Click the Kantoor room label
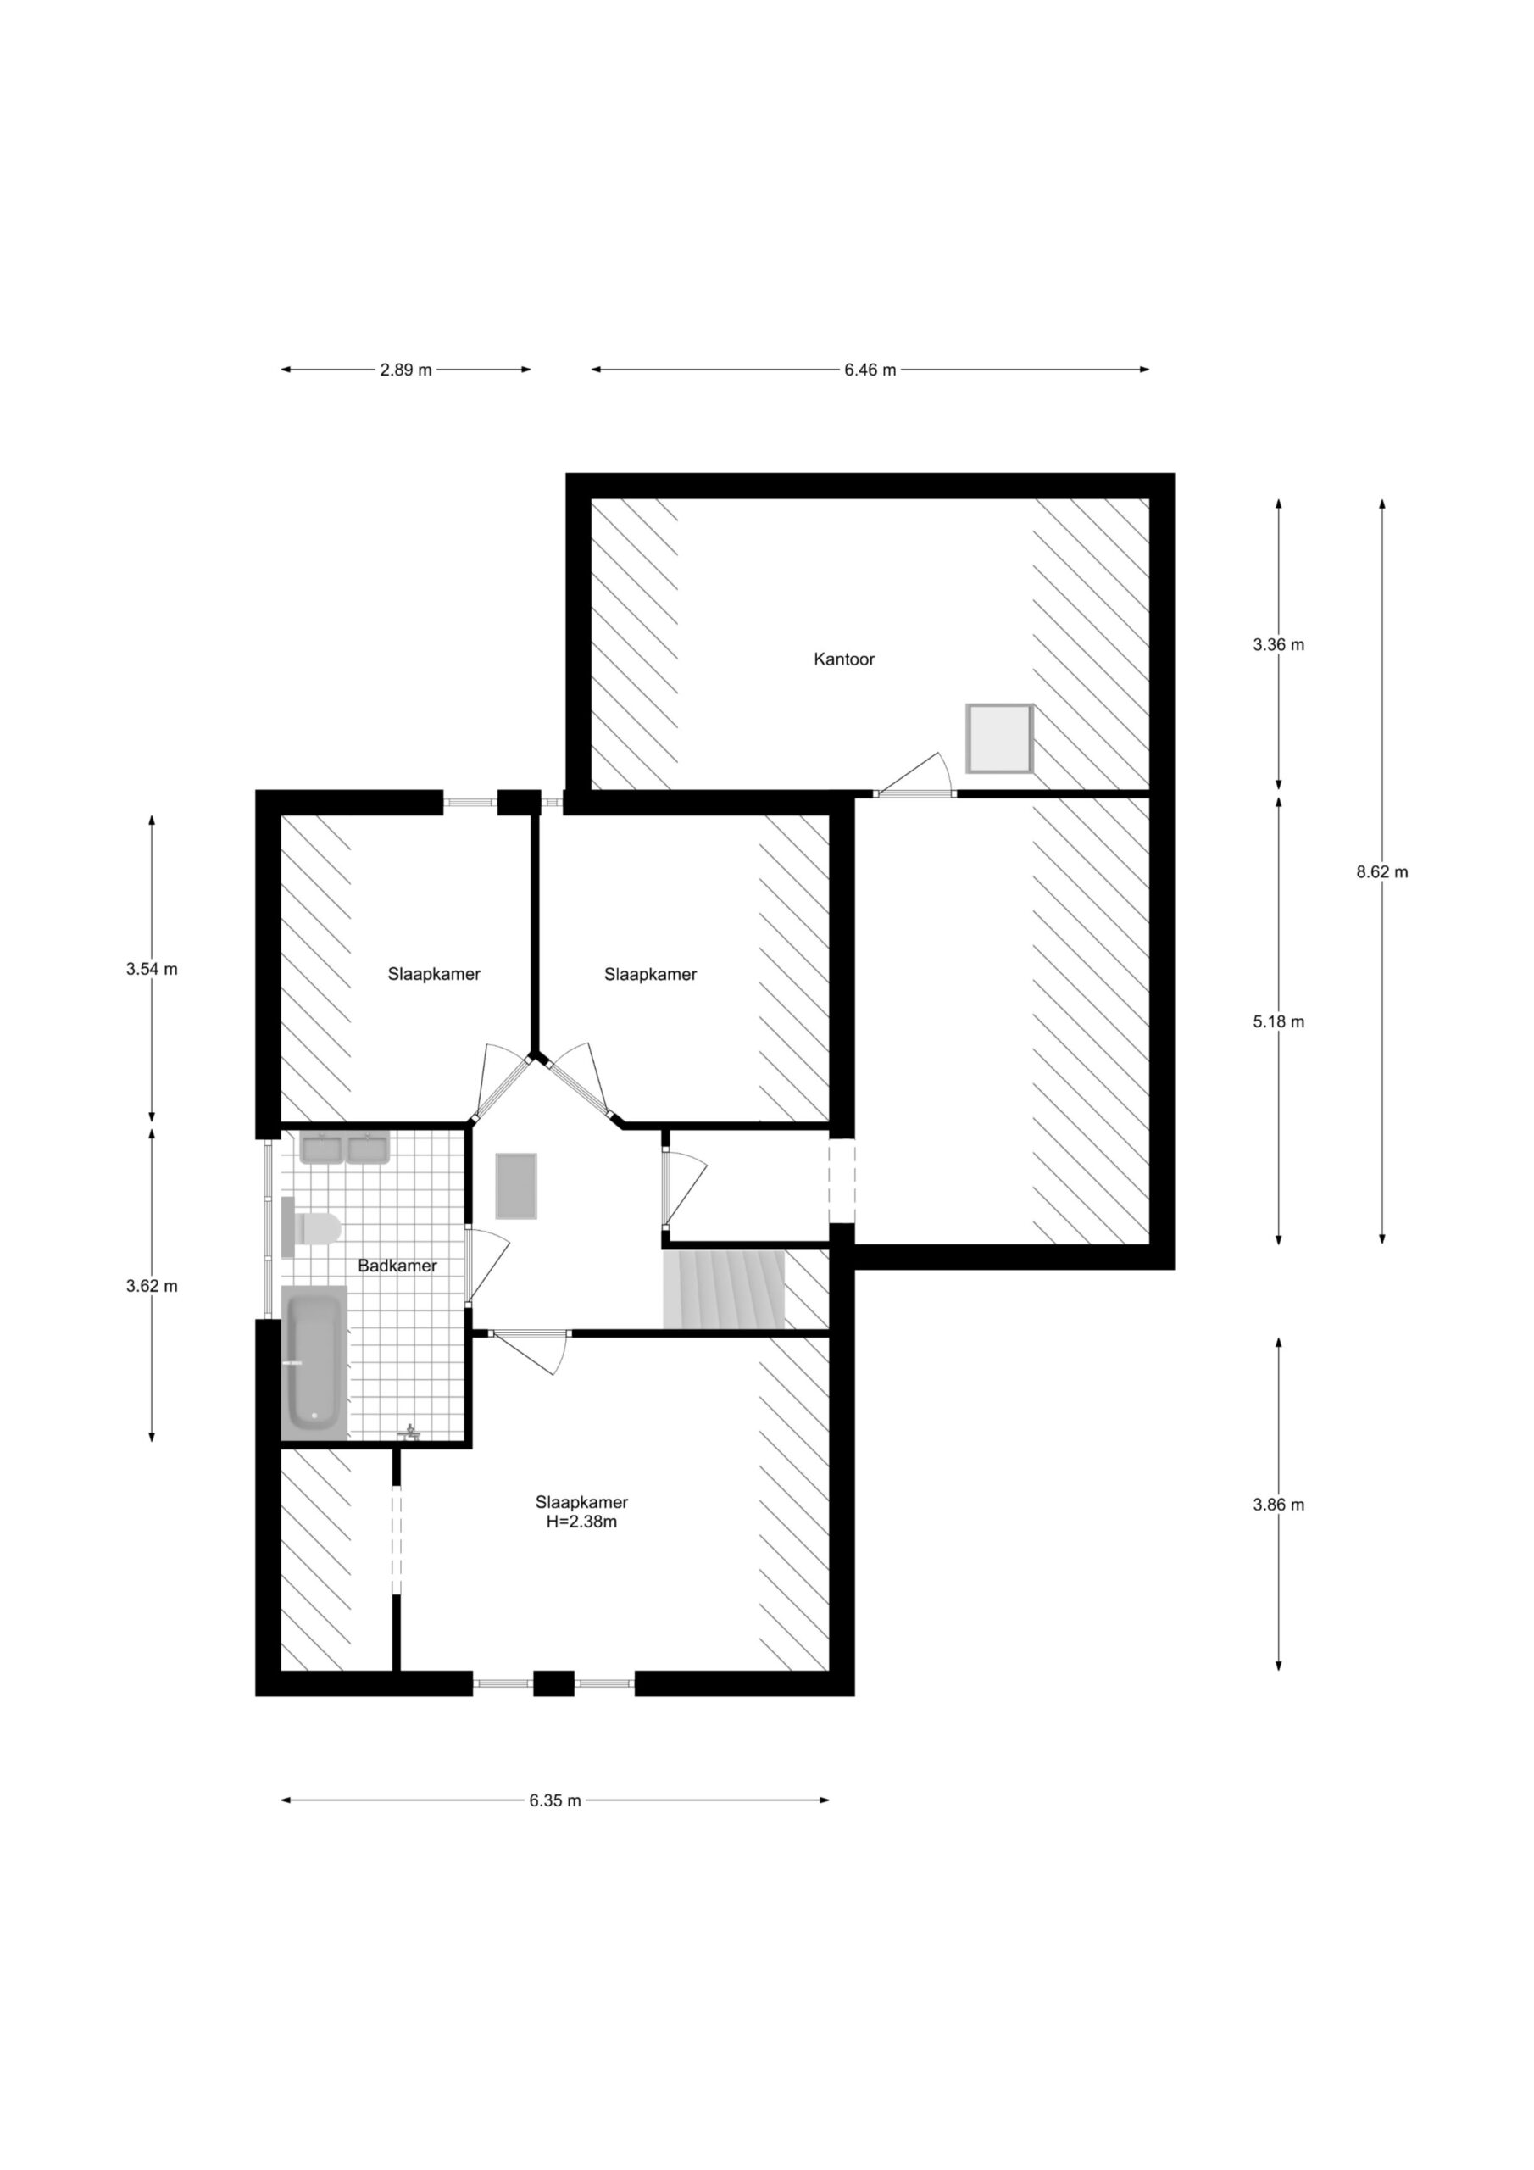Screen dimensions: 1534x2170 pos(844,659)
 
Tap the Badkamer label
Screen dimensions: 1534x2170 pos(397,1266)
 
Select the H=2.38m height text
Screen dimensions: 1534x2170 pos(581,1522)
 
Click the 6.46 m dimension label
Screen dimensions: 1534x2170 pos(870,370)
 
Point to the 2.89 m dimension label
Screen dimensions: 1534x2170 pos(405,370)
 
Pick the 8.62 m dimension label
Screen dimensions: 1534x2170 pos(1381,872)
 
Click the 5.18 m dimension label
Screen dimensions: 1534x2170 pos(1278,1021)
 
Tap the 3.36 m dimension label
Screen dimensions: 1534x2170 pos(1278,644)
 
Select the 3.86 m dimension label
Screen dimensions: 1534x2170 pos(1278,1505)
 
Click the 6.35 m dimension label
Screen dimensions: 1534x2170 pos(555,1800)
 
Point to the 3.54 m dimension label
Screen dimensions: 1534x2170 pos(151,969)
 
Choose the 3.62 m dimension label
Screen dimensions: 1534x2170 pos(151,1286)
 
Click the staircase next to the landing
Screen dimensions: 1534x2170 pos(724,1289)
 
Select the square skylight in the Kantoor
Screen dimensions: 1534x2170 pos(999,737)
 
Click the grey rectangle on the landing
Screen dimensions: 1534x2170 pos(517,1186)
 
